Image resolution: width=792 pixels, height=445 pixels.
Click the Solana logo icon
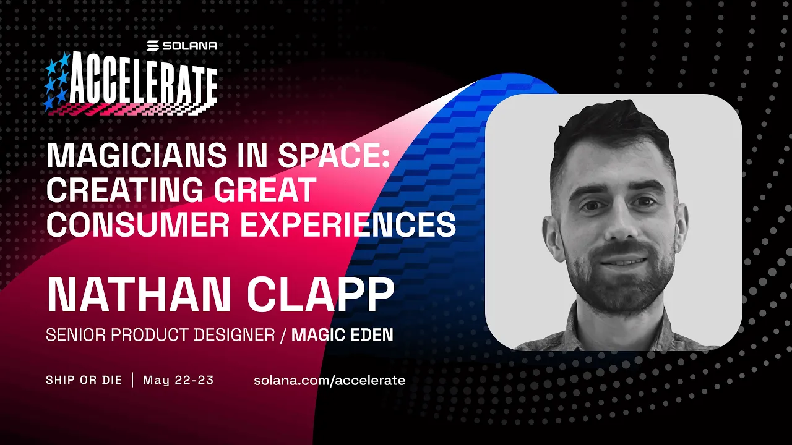[x=153, y=46]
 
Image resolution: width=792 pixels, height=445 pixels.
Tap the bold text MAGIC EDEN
[x=342, y=335]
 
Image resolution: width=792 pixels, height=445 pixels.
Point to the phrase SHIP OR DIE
[x=84, y=379]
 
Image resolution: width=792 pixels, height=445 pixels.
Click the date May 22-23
[x=178, y=379]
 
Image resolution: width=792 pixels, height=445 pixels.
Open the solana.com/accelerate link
[x=329, y=380]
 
